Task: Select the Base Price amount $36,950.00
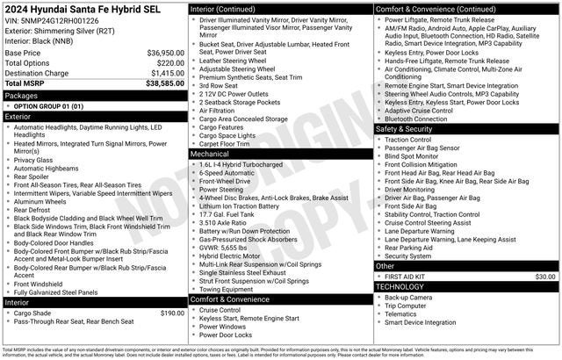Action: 164,53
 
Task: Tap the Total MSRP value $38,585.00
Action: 164,83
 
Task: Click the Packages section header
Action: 21,95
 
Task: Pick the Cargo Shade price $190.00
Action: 171,313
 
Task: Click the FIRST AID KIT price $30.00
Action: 545,276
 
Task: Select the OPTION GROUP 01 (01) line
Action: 48,105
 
